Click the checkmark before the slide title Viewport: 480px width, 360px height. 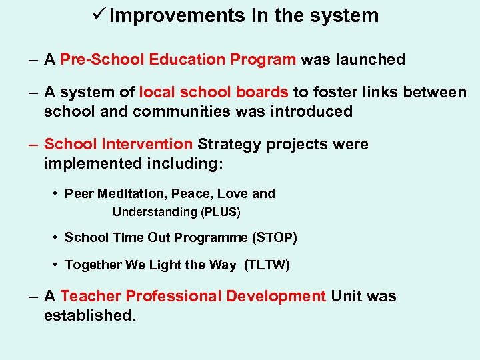tap(98, 15)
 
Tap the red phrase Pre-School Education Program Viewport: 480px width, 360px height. tap(178, 59)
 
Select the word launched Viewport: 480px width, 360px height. tap(371, 59)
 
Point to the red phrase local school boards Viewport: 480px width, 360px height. tap(213, 93)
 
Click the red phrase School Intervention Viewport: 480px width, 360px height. tap(118, 145)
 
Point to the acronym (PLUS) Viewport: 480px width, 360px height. tap(220, 213)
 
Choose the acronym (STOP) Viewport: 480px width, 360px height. tap(272, 238)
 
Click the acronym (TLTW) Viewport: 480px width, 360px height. tap(267, 265)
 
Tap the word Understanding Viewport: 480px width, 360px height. tap(155, 213)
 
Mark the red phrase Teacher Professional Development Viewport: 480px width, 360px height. tap(193, 296)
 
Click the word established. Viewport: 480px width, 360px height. tap(89, 315)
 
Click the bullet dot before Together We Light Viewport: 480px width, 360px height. tap(55, 265)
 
